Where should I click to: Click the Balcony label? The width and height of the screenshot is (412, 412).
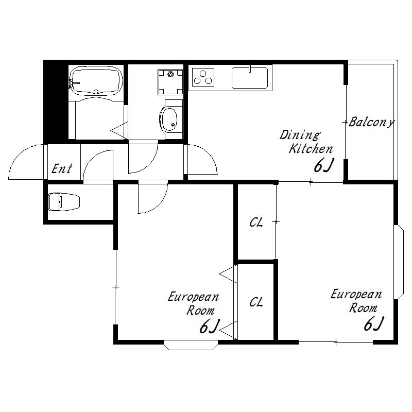pos(371,122)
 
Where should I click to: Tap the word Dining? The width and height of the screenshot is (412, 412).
pos(300,135)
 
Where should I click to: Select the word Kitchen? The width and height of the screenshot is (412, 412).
pos(311,149)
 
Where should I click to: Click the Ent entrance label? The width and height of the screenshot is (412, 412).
pos(61,168)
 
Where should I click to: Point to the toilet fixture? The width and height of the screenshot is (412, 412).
pos(64,201)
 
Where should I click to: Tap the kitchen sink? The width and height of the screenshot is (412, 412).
pos(250,78)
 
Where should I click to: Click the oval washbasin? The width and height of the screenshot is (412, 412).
pos(168,120)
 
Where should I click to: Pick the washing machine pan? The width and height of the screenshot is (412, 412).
pos(170,82)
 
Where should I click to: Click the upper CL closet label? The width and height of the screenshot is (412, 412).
pos(256,222)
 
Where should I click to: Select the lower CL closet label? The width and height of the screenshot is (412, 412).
pos(256,302)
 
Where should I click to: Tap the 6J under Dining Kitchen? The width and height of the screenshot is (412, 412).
pos(323,165)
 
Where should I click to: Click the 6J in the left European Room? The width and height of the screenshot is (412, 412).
pos(209,326)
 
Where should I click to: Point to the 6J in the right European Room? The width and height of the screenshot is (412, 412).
pos(374,323)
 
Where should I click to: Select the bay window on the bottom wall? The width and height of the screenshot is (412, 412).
pos(191,345)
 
